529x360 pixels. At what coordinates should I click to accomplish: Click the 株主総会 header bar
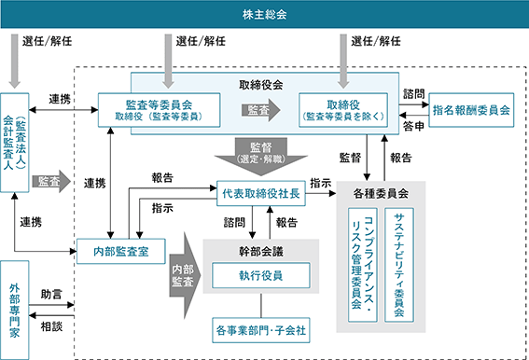[265, 14]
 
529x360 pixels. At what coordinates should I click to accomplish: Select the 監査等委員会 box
[159, 110]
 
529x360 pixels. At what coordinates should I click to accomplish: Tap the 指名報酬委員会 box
[471, 110]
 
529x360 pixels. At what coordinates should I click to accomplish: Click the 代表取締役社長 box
[261, 193]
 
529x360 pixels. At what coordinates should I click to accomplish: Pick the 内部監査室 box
[121, 252]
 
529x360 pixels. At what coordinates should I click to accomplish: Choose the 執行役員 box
[261, 276]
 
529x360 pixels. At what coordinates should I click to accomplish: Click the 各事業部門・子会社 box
[261, 330]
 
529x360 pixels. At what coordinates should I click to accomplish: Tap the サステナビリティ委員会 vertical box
[399, 265]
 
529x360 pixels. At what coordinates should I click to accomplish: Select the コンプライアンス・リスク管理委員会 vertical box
[363, 265]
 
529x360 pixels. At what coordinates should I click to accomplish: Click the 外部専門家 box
[15, 310]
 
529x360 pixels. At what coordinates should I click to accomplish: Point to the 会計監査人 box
[15, 143]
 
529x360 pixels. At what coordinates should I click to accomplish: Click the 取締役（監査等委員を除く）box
[343, 110]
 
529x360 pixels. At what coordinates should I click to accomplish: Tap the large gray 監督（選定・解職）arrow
[261, 156]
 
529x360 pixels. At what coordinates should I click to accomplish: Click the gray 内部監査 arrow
[185, 276]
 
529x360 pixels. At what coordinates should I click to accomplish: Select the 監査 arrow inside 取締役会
[261, 110]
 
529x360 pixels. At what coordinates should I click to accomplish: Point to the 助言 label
[51, 294]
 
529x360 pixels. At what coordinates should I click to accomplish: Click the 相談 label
[51, 326]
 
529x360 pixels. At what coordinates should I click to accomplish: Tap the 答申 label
[413, 126]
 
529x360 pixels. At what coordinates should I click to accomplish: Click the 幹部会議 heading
[261, 252]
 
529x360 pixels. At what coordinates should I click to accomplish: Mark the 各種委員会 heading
[381, 193]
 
